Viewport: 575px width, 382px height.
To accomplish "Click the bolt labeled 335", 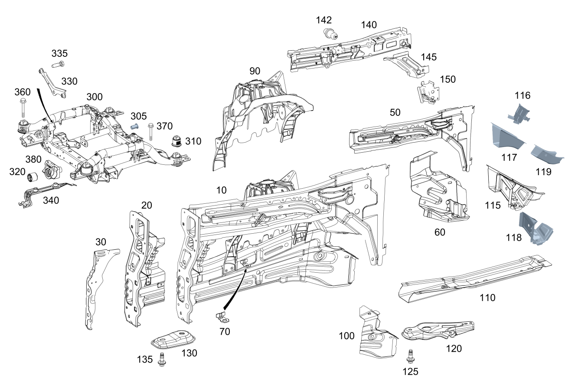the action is click(x=58, y=64).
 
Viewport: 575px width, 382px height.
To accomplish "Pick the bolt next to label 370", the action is click(x=151, y=132).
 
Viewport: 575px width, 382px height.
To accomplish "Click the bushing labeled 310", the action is click(x=177, y=141).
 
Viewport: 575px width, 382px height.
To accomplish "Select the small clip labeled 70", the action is click(x=222, y=317).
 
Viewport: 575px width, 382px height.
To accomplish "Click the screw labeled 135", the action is click(x=162, y=359).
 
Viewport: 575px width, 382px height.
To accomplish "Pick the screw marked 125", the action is click(x=410, y=356).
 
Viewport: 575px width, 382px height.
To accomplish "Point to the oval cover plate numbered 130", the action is click(x=173, y=340).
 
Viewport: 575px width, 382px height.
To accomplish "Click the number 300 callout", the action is click(x=95, y=97).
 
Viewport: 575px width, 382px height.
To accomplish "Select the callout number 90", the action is click(x=255, y=71).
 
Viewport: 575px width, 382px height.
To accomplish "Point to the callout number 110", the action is click(x=487, y=297).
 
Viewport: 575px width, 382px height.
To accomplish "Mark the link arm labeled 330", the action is click(x=52, y=83).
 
